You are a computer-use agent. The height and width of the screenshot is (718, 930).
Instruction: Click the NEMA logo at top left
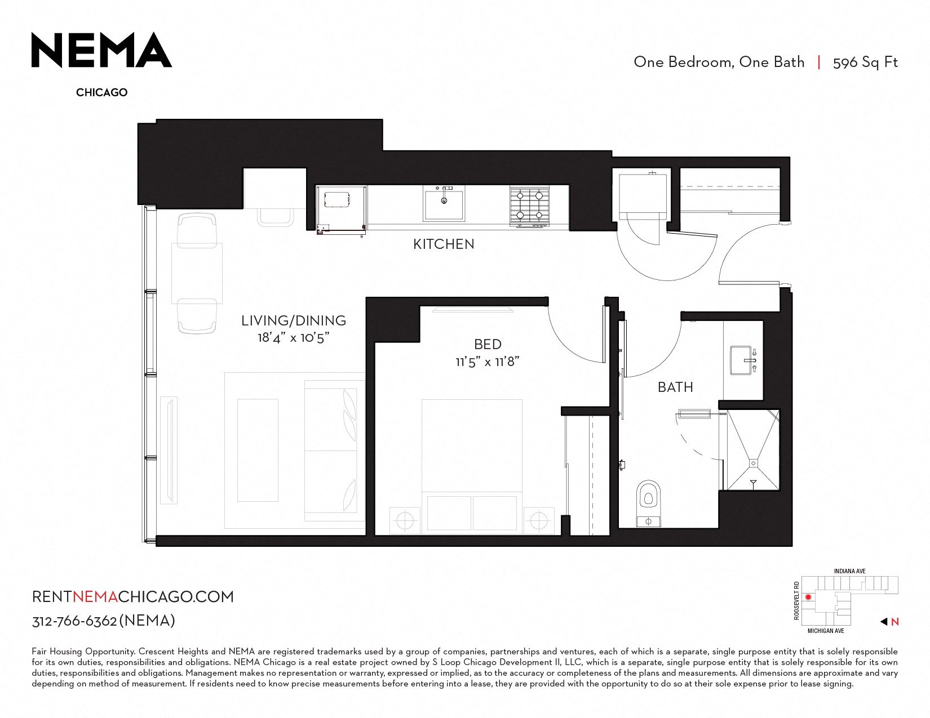point(101,50)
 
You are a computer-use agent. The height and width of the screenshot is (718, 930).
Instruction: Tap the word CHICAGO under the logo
point(102,92)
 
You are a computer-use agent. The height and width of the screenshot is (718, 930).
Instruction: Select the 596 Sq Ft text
point(865,63)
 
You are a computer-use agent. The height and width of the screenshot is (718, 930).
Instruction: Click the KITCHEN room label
point(444,244)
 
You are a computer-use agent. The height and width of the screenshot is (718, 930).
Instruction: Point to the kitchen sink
point(444,203)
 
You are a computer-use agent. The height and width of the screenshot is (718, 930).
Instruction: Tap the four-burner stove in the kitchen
point(529,206)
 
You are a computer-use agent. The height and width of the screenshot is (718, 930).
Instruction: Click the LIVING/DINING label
point(294,320)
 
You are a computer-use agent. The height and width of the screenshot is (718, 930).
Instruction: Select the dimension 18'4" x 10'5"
point(294,338)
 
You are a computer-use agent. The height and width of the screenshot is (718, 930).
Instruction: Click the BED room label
point(488,344)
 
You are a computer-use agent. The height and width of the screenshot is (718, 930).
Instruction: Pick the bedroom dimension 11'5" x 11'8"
point(488,362)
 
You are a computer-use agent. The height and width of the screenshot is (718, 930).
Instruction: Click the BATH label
point(675,387)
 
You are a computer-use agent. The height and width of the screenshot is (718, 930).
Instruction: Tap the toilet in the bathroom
point(648,503)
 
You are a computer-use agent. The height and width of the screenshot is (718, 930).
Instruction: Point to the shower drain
point(753,463)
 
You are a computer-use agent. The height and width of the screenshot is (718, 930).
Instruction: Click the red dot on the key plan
point(808,597)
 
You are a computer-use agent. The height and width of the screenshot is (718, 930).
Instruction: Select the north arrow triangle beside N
point(883,622)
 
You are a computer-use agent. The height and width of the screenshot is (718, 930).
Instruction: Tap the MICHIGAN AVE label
point(826,631)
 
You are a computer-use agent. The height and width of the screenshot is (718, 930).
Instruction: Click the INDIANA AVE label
point(849,571)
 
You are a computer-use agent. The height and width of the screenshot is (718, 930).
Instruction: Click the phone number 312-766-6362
point(74,621)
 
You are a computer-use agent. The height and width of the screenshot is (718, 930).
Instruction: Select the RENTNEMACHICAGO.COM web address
point(133,597)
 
